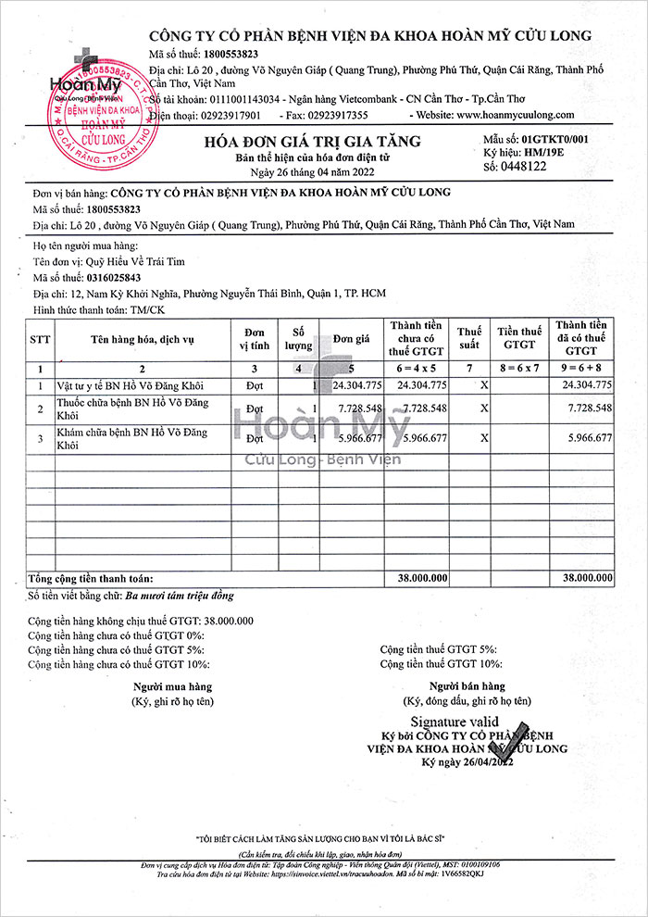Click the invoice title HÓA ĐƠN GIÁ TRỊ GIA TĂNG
(313, 142)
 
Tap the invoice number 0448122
(522, 167)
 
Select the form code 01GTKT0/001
(555, 138)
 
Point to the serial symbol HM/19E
(542, 152)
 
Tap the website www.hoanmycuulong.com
(515, 115)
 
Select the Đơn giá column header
(352, 339)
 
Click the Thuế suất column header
(470, 338)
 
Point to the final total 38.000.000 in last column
(587, 577)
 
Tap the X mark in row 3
(484, 438)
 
